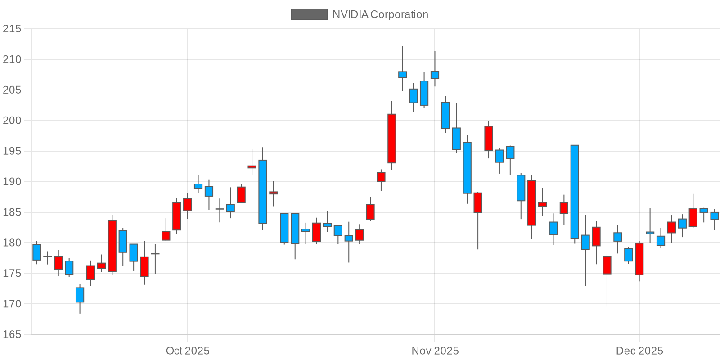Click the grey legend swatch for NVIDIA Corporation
tap(309, 14)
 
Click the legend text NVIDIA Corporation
tap(380, 14)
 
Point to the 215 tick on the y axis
tap(12, 29)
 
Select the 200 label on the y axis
tap(12, 121)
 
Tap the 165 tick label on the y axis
tap(12, 334)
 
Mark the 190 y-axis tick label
tap(12, 182)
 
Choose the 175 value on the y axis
tap(12, 273)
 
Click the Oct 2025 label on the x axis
tap(188, 351)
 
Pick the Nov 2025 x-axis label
tap(435, 351)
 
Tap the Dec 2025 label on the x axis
tap(639, 351)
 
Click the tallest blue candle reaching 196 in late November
tap(575, 192)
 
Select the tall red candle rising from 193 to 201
tap(392, 139)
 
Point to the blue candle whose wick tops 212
tap(402, 74)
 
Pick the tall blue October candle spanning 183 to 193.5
tap(263, 192)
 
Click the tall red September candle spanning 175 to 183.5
tap(112, 246)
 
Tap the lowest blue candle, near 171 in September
tap(80, 295)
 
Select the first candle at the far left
tap(37, 252)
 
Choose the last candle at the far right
tap(715, 216)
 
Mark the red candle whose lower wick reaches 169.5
tap(607, 265)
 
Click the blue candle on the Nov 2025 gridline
tap(435, 75)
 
